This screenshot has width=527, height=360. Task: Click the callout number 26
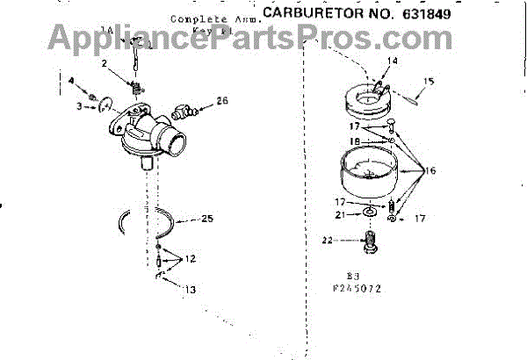pyautogui.click(x=222, y=101)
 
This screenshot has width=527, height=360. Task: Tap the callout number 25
pyautogui.click(x=207, y=219)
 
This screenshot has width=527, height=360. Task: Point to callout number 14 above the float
pyautogui.click(x=392, y=61)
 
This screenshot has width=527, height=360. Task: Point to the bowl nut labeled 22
pyautogui.click(x=372, y=241)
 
